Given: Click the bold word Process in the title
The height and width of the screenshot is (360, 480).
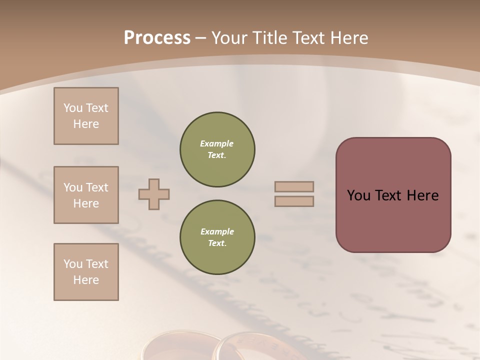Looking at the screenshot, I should pos(157,38).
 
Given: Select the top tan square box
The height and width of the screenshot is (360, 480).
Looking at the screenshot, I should pos(86,116).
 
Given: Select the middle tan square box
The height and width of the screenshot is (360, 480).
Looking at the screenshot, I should pos(86,195).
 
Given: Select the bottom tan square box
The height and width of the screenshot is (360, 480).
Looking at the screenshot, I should pos(86,272).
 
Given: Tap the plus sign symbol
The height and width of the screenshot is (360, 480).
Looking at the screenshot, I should pos(154,194).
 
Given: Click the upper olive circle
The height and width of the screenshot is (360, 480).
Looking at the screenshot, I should pos(217,149).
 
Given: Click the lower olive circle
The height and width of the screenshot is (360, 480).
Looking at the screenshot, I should pos(217,237).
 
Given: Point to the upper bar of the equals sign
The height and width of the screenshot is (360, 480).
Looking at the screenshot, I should pos(294,186).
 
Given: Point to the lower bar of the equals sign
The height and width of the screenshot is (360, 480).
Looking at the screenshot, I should pos(294,201).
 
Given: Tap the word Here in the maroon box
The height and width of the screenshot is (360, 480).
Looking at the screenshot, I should pos(423,195).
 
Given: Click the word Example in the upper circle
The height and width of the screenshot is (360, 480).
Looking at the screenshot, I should pos(217,143).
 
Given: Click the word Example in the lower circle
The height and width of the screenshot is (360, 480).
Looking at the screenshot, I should pos(217,231).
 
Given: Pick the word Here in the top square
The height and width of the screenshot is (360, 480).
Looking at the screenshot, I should pos(86,124).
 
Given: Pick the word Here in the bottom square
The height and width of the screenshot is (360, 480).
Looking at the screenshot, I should pos(86,280).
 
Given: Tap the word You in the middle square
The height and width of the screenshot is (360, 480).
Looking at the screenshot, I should pos(72,187).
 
